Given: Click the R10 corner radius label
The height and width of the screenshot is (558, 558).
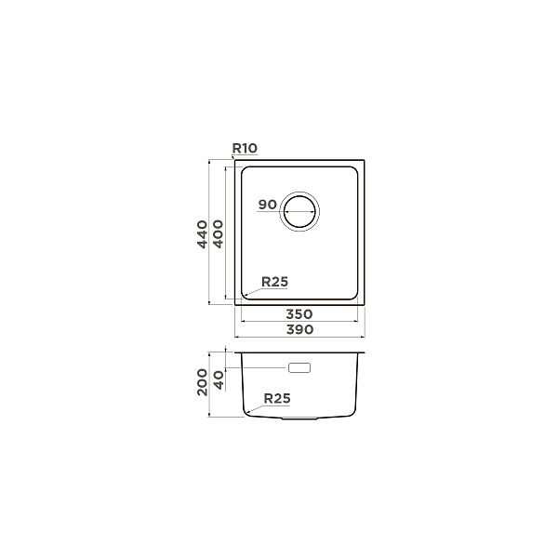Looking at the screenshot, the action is pos(245,148).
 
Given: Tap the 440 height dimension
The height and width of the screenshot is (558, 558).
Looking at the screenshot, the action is pos(202,234).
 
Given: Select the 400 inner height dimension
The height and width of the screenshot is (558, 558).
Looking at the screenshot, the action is pos(218,234).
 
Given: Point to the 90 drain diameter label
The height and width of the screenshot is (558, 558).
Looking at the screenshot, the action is pos(267,205).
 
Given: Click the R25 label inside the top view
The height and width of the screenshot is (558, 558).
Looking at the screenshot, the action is pos(274,282).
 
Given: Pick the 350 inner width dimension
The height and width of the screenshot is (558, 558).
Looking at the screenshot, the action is pos(299,314).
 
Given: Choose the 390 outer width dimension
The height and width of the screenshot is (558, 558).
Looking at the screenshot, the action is pos(299,329).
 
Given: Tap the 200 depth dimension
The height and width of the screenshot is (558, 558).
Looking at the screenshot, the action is pos(202,382).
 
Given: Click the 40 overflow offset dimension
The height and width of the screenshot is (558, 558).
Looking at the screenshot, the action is pos(219,380).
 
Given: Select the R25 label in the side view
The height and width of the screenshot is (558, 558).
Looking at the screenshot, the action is pos(277,398).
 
